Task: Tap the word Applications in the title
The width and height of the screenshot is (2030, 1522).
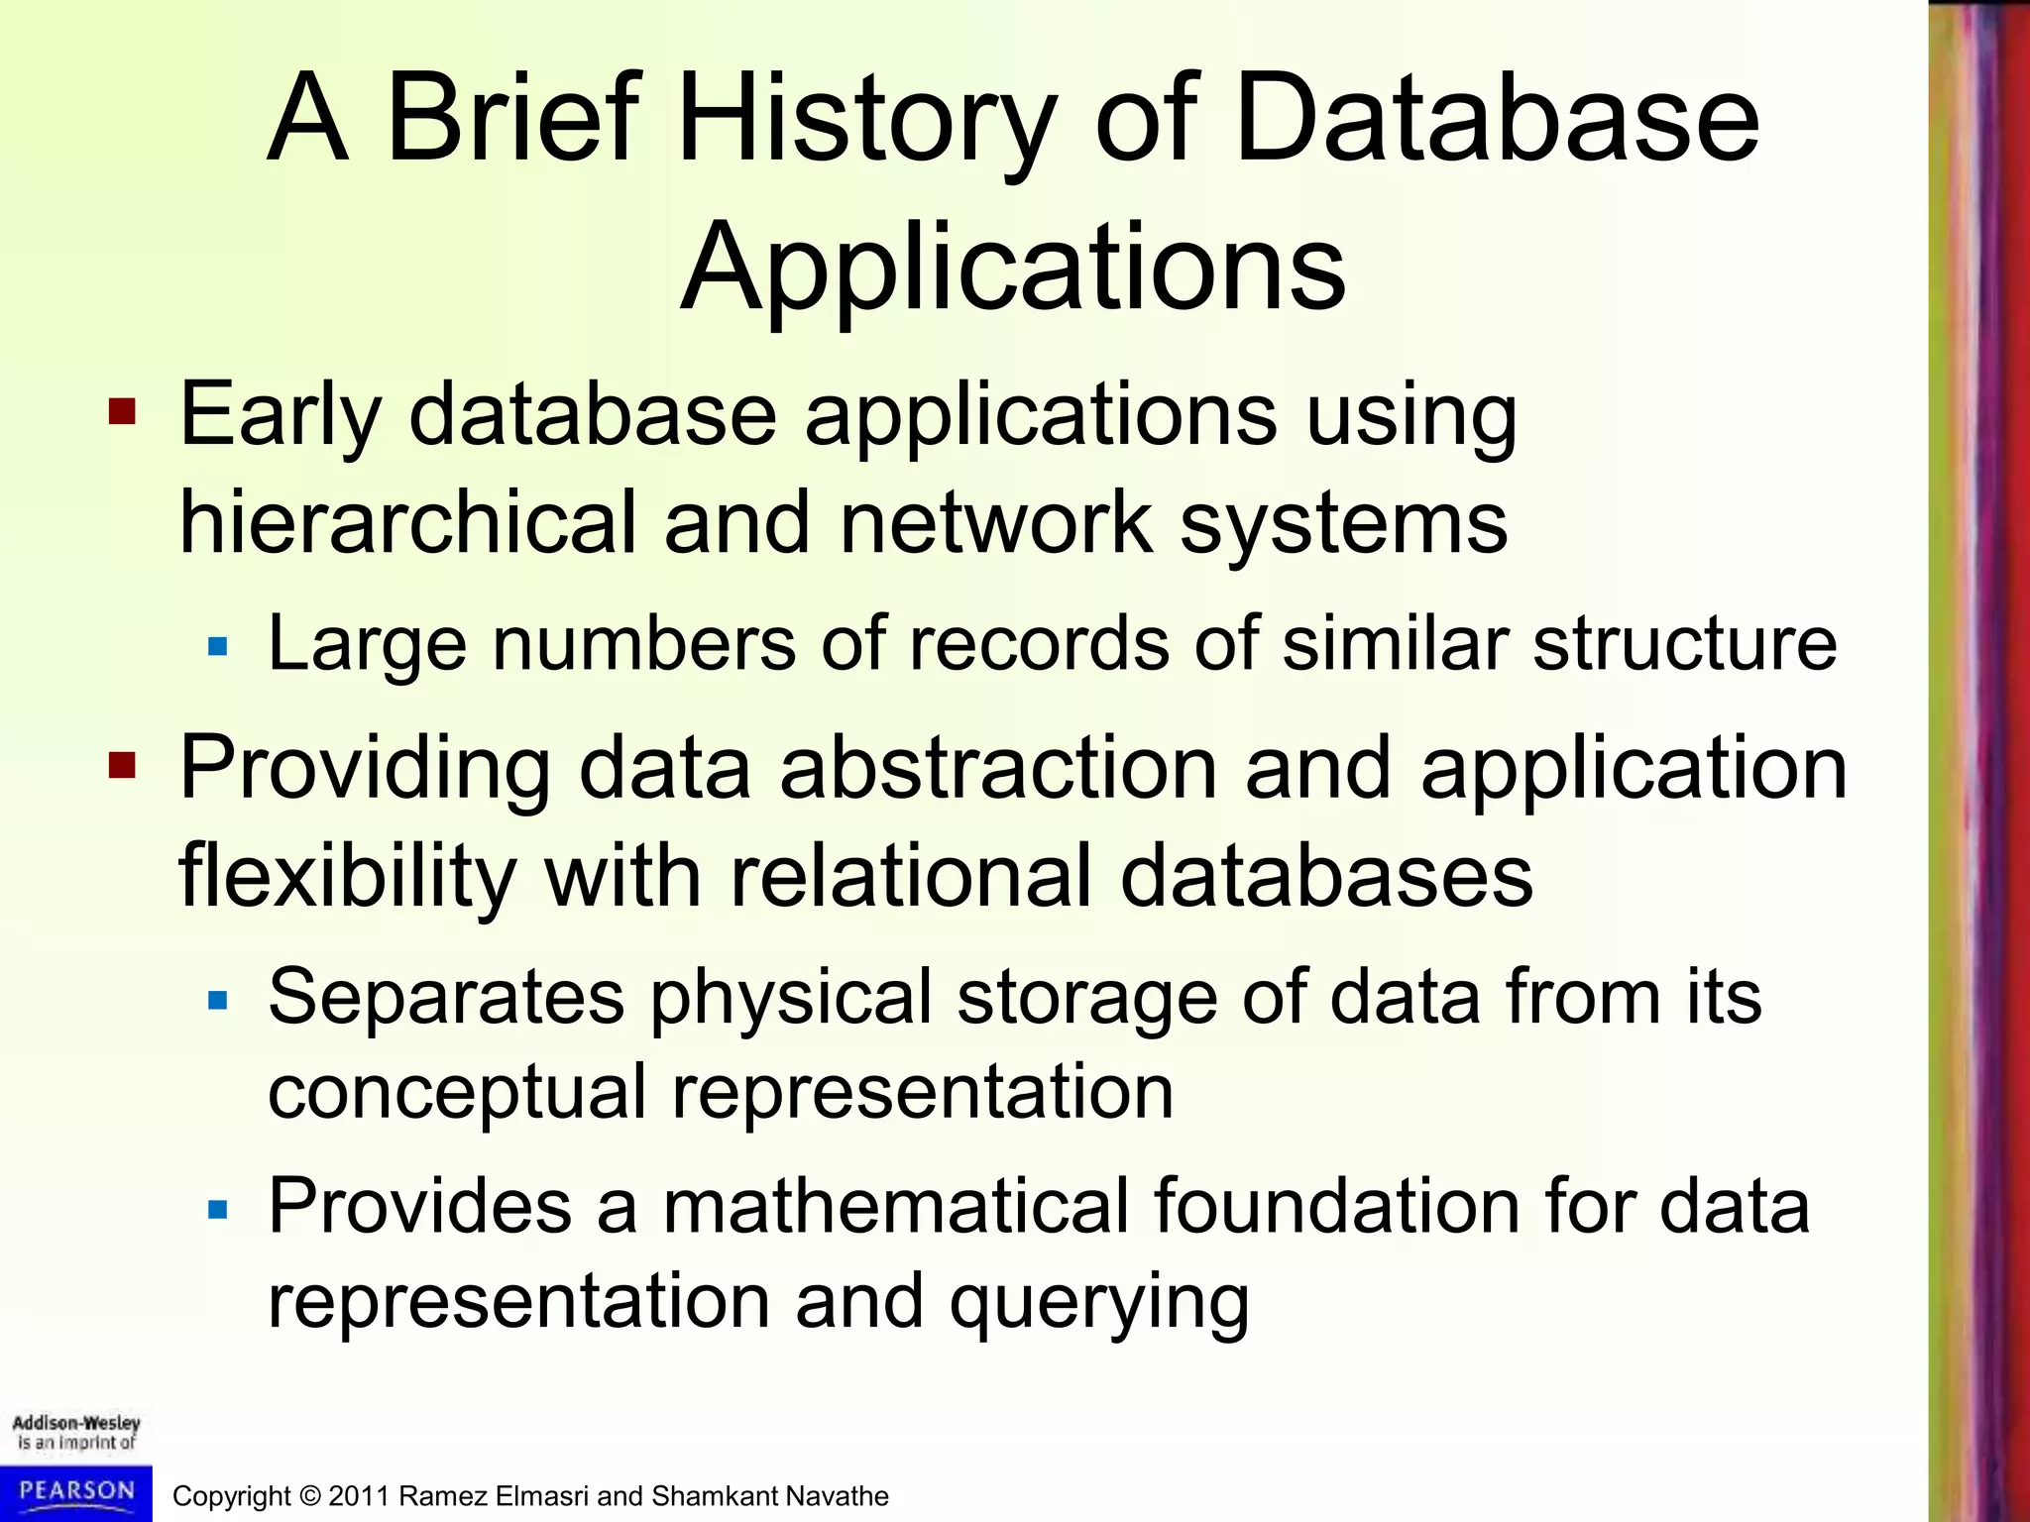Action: [x=1013, y=270]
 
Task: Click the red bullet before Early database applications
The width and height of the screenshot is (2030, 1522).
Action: [x=122, y=410]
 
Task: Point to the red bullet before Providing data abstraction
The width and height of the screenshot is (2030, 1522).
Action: [x=122, y=765]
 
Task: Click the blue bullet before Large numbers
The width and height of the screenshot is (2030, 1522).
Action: [x=218, y=648]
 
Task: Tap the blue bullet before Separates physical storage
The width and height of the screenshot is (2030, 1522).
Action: [x=218, y=1000]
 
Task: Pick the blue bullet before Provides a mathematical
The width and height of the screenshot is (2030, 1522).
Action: [x=218, y=1210]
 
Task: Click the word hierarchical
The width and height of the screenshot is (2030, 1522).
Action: [x=406, y=522]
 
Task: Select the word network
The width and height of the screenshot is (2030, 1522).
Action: [x=994, y=522]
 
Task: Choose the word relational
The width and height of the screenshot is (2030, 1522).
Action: [x=910, y=876]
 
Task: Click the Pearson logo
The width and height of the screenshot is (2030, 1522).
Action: [x=76, y=1491]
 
